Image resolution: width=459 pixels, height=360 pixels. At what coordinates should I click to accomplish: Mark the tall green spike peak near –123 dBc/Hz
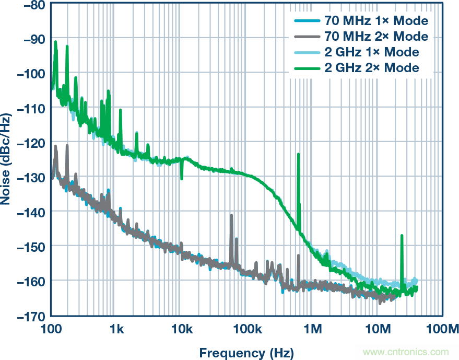pyautogui.click(x=298, y=155)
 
